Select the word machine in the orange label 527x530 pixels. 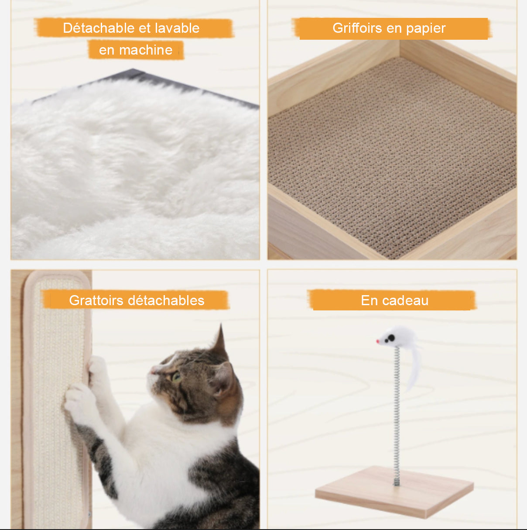click(146, 50)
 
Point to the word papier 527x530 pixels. click(426, 28)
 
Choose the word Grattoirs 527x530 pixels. click(96, 300)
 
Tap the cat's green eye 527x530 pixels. click(176, 377)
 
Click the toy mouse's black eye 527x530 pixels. click(391, 338)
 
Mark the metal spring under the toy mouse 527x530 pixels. click(397, 415)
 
